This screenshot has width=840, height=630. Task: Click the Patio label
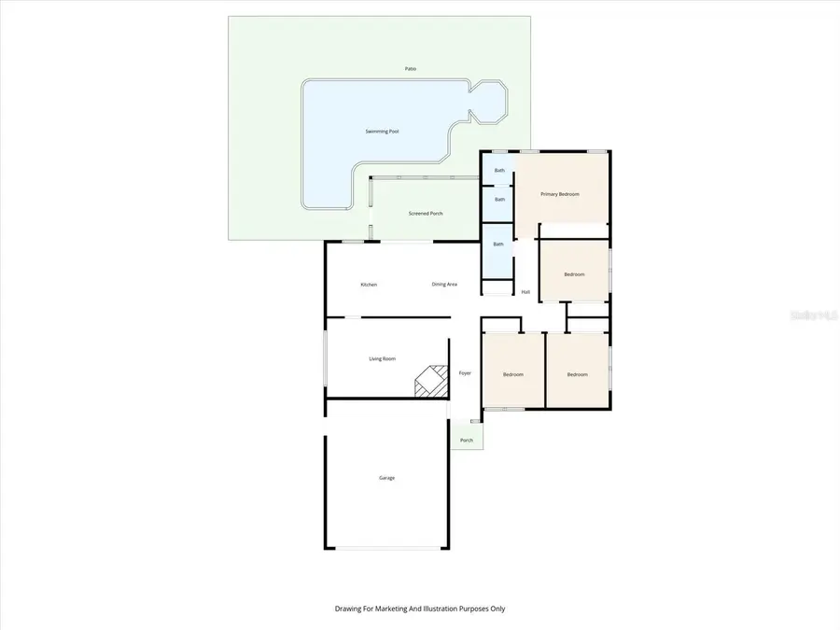[x=411, y=69]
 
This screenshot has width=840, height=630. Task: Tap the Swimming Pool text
[x=382, y=132]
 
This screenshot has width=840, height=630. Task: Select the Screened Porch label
[x=426, y=214]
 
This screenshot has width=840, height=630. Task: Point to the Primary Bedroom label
[x=560, y=194]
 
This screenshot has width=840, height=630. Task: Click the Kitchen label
[x=369, y=285]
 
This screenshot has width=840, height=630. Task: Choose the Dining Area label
[x=444, y=285]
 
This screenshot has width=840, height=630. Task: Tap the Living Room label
[x=383, y=358]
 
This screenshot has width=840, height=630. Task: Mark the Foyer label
[x=465, y=373]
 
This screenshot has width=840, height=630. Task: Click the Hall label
[x=525, y=292]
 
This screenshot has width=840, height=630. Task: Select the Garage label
[x=386, y=478]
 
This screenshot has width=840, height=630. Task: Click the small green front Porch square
[x=467, y=439]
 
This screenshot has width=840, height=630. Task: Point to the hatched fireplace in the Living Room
[x=430, y=382]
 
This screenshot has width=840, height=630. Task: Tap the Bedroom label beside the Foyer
[x=513, y=374]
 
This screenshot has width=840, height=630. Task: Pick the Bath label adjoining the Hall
[x=498, y=245]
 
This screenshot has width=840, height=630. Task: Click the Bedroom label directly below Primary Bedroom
[x=574, y=274]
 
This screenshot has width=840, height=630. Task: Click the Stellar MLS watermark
[x=814, y=315]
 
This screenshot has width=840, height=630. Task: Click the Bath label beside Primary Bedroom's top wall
[x=499, y=170]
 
